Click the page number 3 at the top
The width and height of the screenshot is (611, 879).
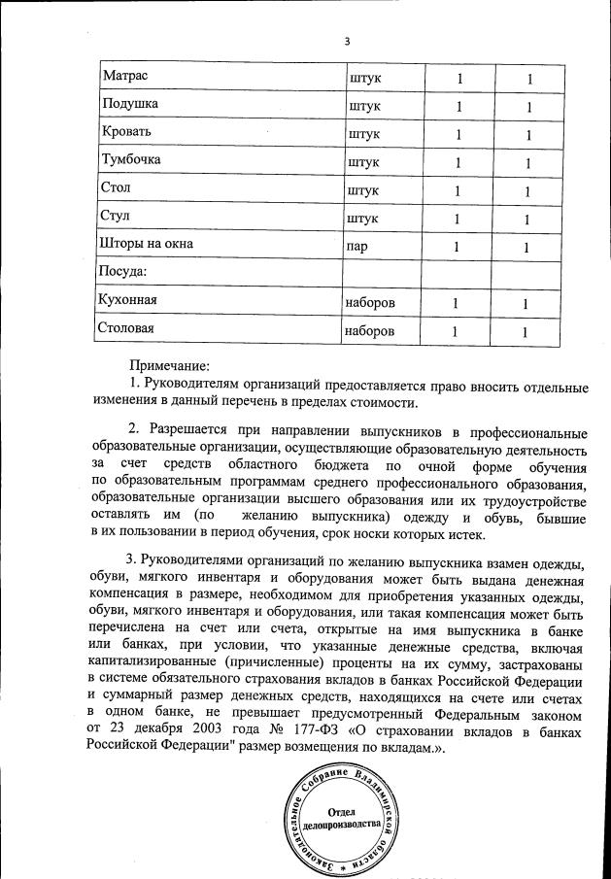(346, 40)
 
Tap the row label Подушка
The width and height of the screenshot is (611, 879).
(130, 103)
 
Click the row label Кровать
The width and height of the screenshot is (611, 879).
(126, 131)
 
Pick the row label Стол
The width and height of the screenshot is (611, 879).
(115, 187)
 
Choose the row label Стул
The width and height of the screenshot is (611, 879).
(115, 216)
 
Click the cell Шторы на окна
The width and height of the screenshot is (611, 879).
(147, 244)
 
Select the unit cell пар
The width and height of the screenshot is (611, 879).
(356, 245)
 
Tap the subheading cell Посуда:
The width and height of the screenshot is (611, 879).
(122, 271)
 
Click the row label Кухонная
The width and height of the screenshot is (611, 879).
(128, 300)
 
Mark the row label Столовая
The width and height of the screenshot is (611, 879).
(127, 328)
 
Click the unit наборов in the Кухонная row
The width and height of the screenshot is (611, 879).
(370, 302)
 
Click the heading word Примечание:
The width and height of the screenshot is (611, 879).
(171, 367)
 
